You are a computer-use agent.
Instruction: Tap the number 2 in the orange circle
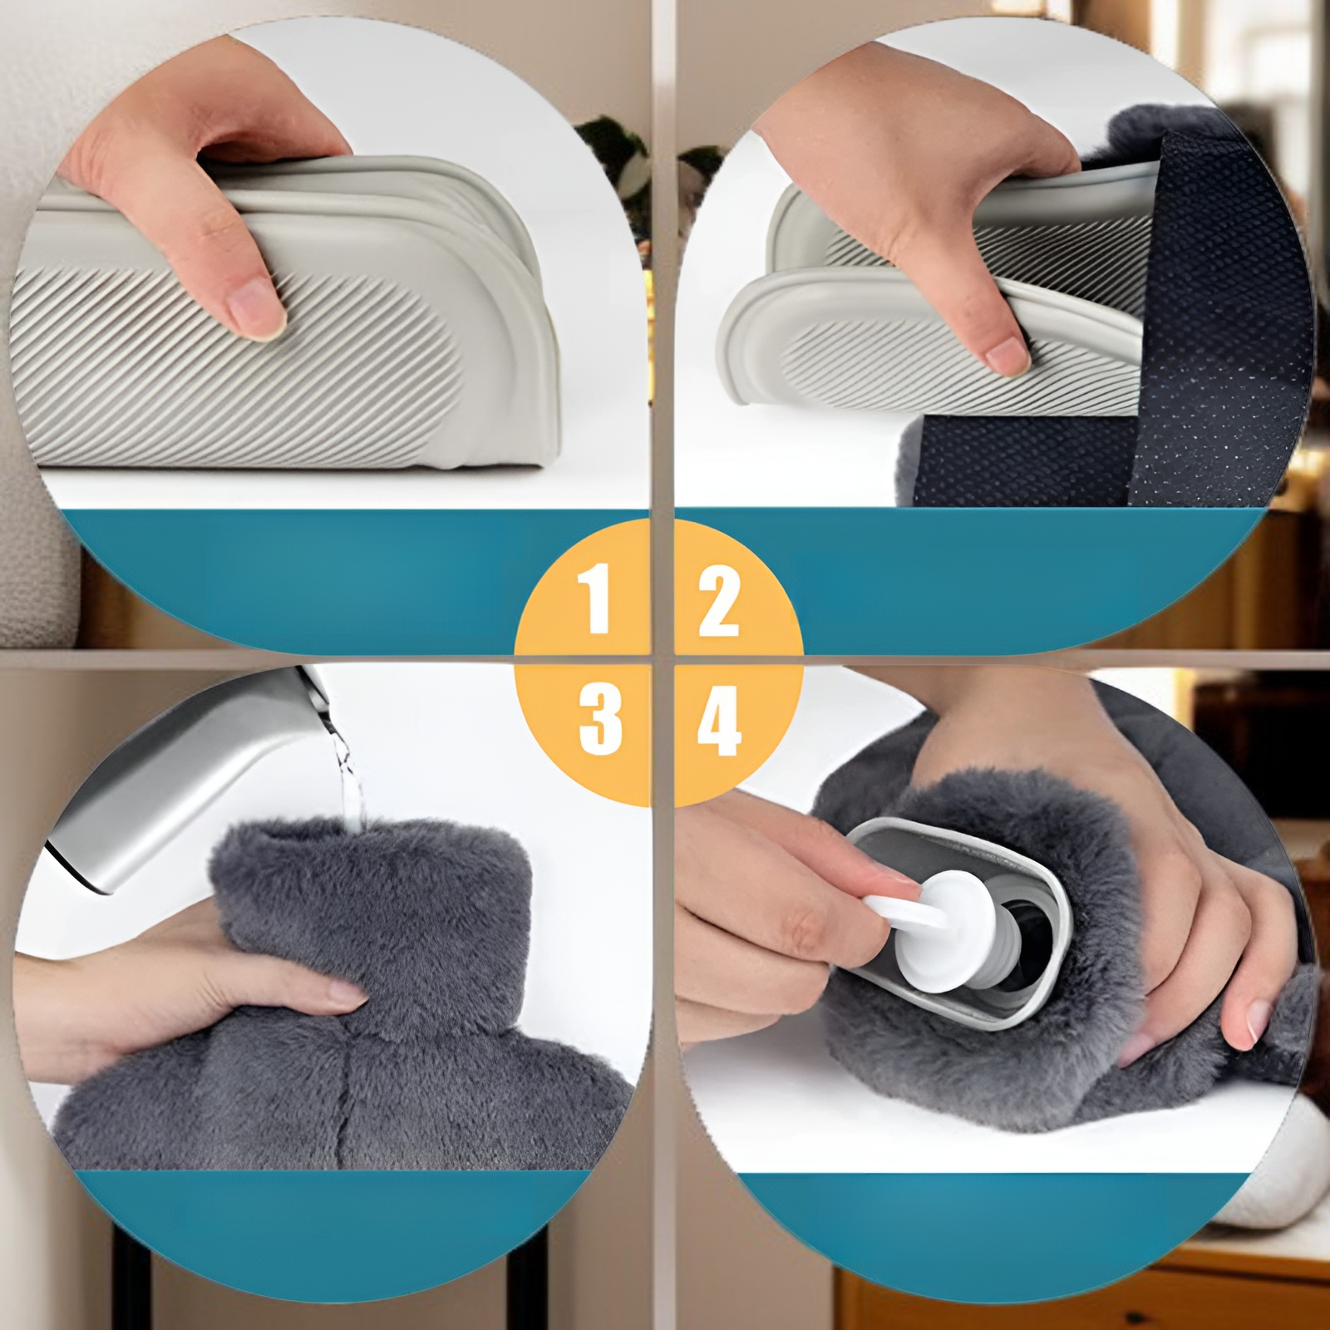(x=719, y=601)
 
